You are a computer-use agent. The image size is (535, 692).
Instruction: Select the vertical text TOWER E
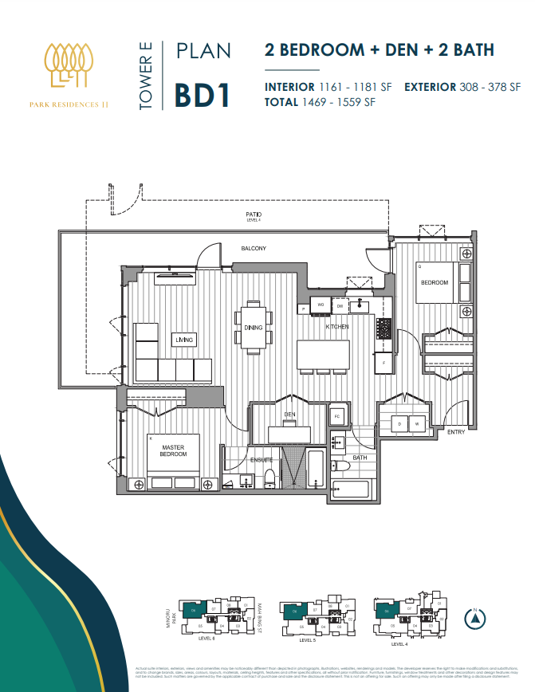click(x=146, y=75)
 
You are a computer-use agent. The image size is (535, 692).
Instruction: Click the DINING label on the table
click(x=253, y=326)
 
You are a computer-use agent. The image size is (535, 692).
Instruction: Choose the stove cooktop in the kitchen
click(x=384, y=327)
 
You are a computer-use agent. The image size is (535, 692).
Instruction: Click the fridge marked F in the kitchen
click(x=384, y=363)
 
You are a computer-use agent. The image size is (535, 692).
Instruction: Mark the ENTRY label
click(x=456, y=432)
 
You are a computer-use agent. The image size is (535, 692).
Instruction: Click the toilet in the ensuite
click(x=269, y=477)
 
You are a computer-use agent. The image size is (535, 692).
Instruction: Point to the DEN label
click(x=290, y=415)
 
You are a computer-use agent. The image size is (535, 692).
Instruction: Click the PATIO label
click(x=254, y=215)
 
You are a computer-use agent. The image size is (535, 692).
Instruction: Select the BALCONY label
click(x=254, y=249)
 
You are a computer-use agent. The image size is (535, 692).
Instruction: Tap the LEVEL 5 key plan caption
click(x=308, y=640)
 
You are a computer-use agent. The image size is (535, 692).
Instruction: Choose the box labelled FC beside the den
click(x=337, y=417)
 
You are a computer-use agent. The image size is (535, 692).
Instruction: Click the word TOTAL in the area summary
click(x=282, y=102)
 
